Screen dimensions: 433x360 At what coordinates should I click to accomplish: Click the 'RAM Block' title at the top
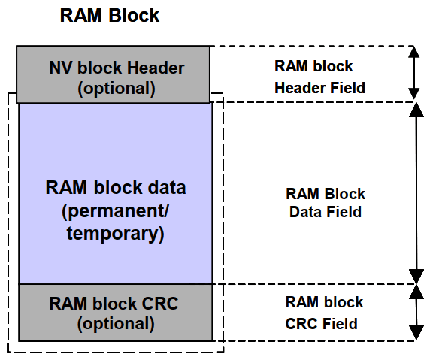click(x=110, y=15)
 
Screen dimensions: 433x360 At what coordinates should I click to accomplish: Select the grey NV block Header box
click(x=113, y=74)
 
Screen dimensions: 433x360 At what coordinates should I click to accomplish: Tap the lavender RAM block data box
click(x=116, y=193)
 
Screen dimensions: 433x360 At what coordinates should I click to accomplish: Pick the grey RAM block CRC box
click(x=116, y=313)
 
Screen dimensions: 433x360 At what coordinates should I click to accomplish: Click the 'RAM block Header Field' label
click(x=319, y=77)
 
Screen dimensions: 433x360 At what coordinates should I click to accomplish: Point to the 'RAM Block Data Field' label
click(x=326, y=203)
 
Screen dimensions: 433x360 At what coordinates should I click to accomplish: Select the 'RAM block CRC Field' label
click(x=324, y=313)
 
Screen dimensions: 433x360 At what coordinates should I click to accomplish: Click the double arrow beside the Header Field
click(x=413, y=73)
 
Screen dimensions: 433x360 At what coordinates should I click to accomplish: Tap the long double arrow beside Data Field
click(x=416, y=193)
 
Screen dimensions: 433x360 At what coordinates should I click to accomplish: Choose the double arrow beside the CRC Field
click(x=416, y=312)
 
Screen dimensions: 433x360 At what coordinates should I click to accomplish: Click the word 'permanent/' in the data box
click(x=116, y=211)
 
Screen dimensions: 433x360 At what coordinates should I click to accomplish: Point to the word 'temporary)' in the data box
click(x=116, y=234)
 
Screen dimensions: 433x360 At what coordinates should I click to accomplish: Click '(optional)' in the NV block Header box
click(x=117, y=89)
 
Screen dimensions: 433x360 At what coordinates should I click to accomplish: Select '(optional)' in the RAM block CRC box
click(x=116, y=324)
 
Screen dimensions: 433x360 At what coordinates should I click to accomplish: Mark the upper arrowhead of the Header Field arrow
click(x=413, y=52)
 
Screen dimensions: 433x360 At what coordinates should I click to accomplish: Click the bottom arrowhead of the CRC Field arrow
click(x=416, y=333)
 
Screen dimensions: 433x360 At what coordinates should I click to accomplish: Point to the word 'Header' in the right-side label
click(x=300, y=88)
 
